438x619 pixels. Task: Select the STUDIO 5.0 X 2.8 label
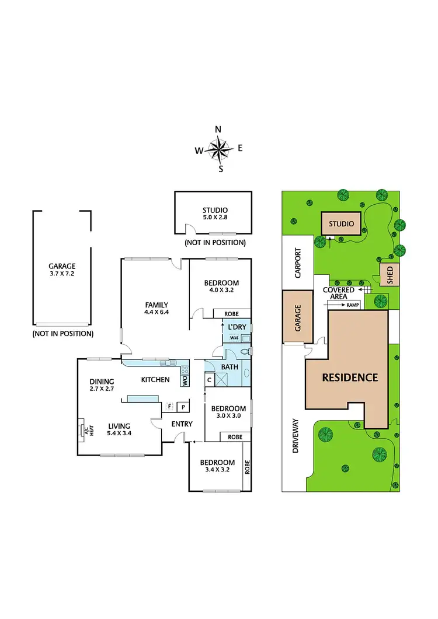[x=215, y=214]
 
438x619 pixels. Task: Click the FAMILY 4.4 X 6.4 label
[x=156, y=308]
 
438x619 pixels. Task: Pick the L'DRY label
[x=236, y=326]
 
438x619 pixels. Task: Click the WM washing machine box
[x=233, y=338]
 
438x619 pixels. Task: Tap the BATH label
[x=228, y=366]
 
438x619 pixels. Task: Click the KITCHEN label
[x=155, y=380]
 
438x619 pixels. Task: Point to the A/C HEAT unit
[x=81, y=430]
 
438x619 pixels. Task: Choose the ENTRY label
[x=181, y=424]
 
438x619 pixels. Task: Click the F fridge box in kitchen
[x=169, y=406]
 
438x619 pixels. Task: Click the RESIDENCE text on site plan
[x=350, y=377]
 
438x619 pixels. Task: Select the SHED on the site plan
[x=389, y=275]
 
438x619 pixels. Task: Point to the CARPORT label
[x=297, y=263]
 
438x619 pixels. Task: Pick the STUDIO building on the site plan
[x=342, y=223]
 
